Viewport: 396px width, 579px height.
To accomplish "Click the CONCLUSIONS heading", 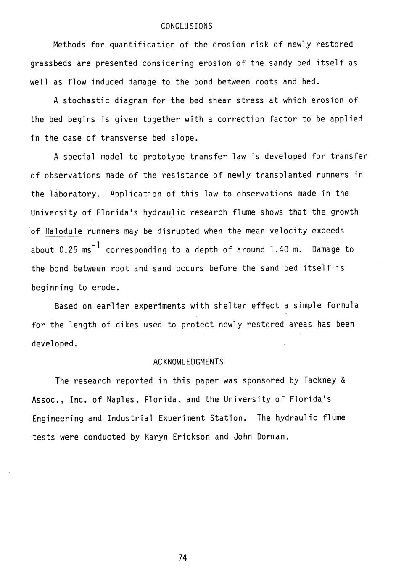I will tap(187, 26).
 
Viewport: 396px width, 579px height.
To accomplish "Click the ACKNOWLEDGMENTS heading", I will tap(188, 362).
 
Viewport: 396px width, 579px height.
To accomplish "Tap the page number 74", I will tap(182, 558).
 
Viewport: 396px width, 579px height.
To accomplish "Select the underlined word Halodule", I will tap(63, 231).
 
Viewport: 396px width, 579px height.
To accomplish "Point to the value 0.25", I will tap(69, 250).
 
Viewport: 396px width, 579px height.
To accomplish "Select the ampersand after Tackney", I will tap(343, 380).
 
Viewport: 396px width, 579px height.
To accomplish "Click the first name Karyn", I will tap(156, 437).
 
